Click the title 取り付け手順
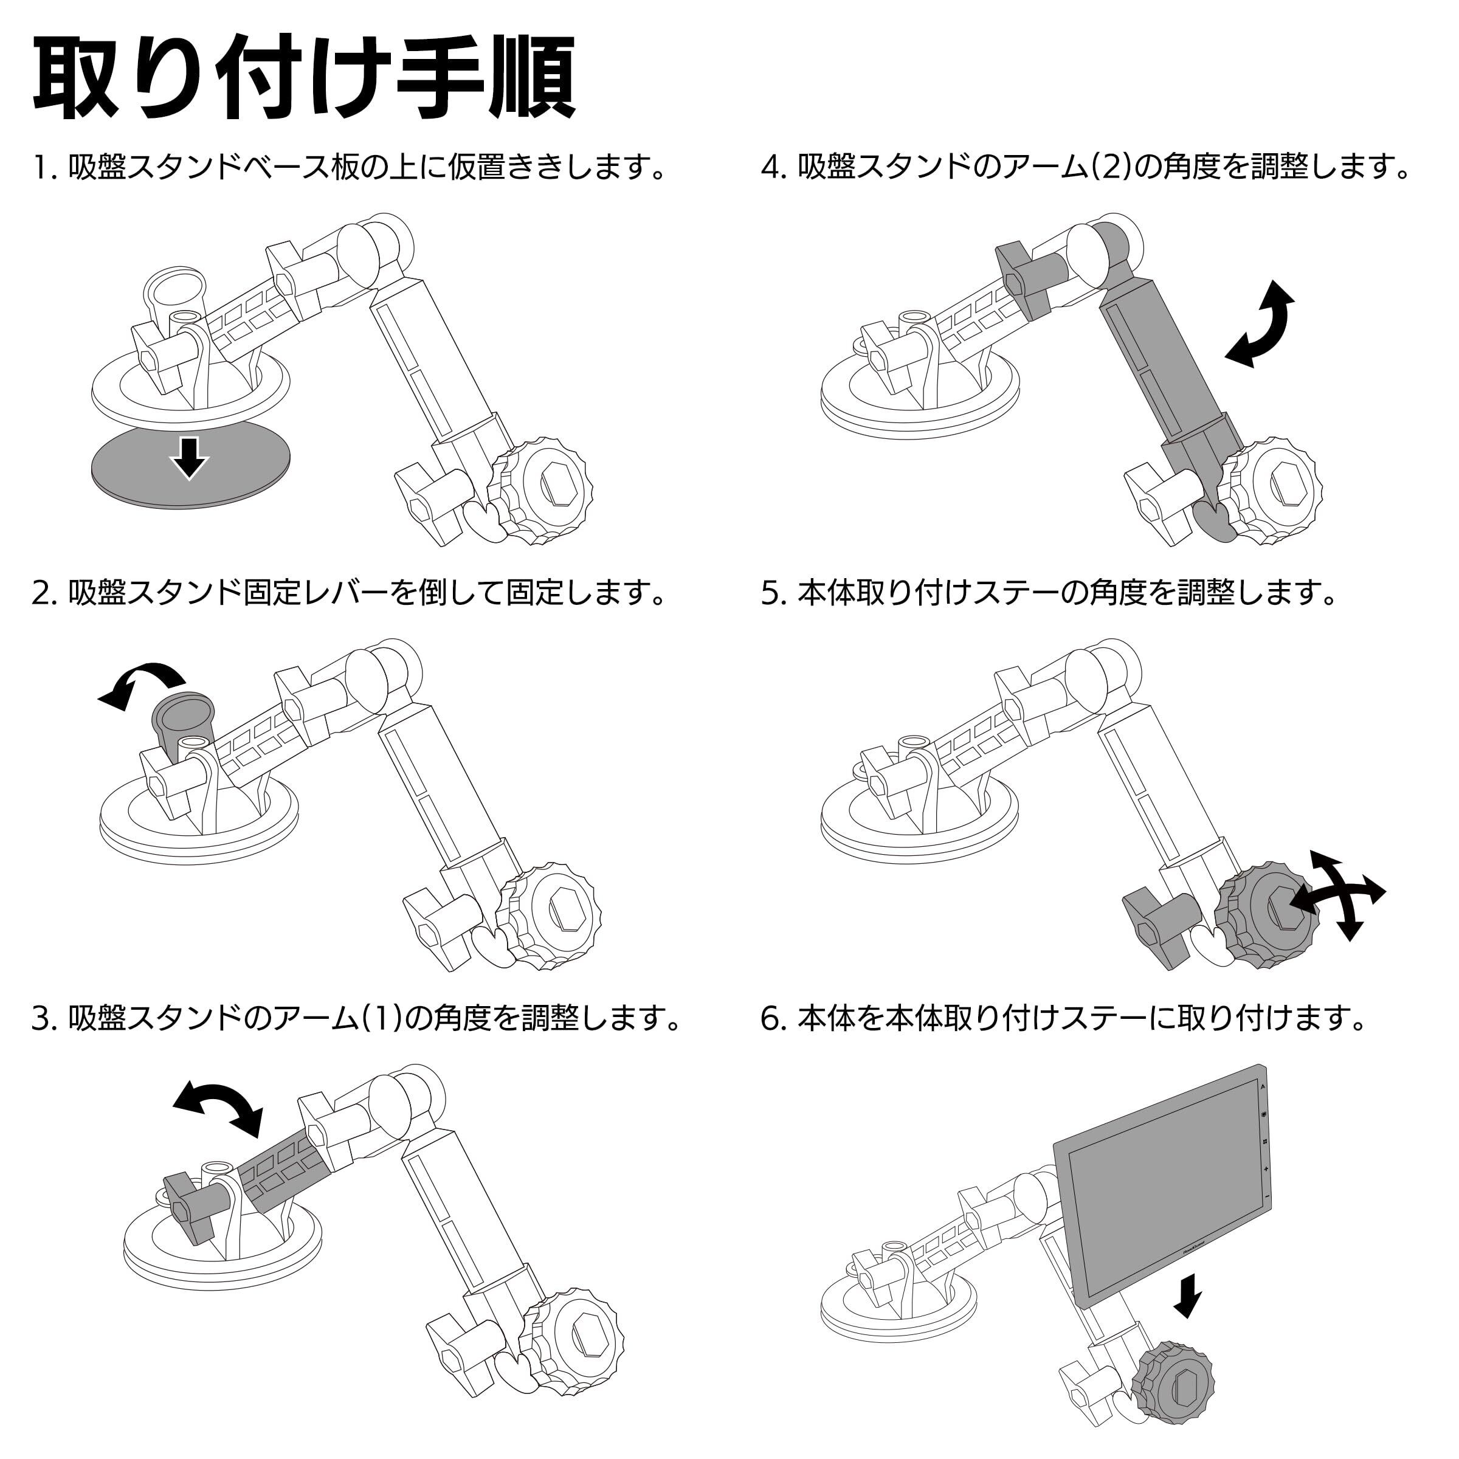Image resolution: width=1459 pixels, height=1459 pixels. click(x=302, y=75)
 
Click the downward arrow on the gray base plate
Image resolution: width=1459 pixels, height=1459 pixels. click(x=189, y=458)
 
